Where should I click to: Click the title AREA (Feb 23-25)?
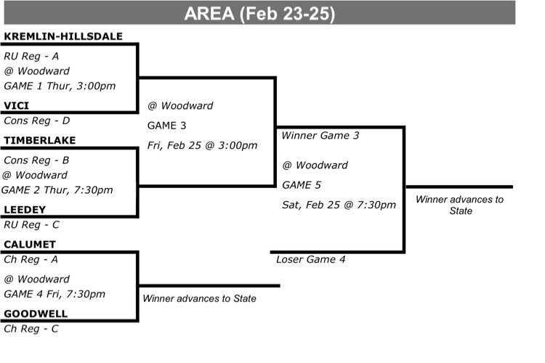point(259,14)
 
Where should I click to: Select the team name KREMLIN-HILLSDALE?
point(63,36)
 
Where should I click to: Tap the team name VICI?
point(16,105)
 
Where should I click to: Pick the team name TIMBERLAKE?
point(40,140)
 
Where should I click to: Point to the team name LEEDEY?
point(25,210)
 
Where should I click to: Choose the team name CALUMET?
point(30,245)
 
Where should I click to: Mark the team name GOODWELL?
point(36,314)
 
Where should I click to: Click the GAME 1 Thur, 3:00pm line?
point(60,86)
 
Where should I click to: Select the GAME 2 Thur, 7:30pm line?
point(57,190)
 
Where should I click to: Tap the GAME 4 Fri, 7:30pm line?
point(54,294)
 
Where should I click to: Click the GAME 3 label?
point(167,126)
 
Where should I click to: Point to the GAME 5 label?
point(302,185)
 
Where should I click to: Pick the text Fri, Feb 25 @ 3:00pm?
point(202,145)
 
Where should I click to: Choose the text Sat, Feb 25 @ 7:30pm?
point(339,205)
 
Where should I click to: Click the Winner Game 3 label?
point(320,136)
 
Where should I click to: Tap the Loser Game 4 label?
point(311,259)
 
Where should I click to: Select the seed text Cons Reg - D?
point(37,121)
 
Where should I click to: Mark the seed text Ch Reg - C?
point(31,329)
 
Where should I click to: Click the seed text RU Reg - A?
point(31,57)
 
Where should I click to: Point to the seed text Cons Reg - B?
point(36,160)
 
